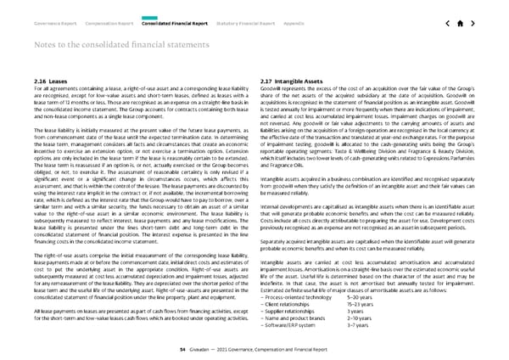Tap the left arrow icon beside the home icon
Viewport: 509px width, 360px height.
click(445, 22)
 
